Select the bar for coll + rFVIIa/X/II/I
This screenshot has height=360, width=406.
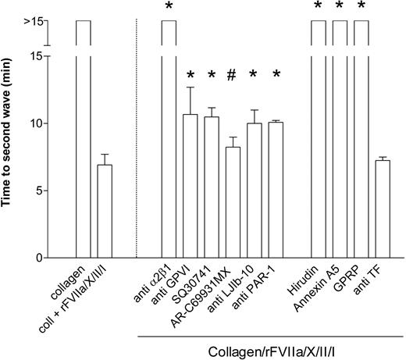pyautogui.click(x=105, y=211)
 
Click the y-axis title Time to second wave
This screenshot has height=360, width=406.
pyautogui.click(x=10, y=141)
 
